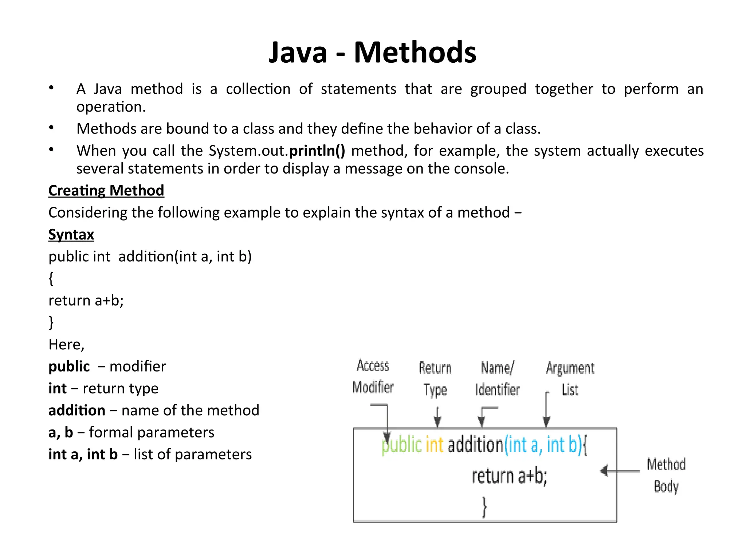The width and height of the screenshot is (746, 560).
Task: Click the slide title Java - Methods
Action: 372,52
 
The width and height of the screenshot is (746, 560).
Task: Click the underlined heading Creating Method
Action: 106,191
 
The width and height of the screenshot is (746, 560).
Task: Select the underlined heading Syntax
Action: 71,234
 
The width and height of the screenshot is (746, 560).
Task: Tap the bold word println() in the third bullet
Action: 317,151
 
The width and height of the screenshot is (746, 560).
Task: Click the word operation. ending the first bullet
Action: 111,107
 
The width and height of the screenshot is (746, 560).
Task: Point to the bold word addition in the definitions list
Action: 77,411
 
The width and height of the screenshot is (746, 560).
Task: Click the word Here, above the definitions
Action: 66,345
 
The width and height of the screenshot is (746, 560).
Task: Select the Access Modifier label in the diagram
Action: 373,376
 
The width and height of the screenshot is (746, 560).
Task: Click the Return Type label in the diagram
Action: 435,378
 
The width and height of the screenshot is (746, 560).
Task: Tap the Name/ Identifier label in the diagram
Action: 497,378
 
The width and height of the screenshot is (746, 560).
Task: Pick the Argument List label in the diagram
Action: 570,378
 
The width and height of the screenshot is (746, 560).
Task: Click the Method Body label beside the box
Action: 666,475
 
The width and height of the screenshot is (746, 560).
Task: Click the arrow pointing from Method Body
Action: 619,471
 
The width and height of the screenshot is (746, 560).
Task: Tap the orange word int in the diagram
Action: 434,445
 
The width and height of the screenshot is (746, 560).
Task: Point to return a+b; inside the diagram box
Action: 509,476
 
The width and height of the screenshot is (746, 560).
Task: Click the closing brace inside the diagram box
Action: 484,506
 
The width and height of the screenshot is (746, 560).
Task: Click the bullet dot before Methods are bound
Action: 51,128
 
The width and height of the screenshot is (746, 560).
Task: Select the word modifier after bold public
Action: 138,366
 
